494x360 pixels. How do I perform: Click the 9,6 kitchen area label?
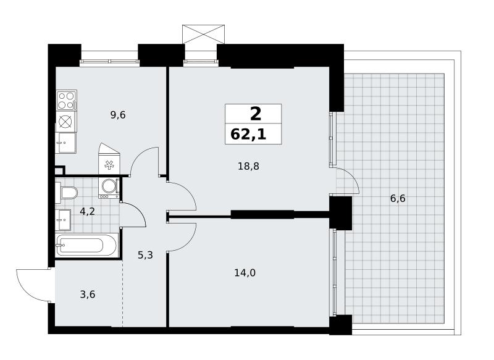[118, 115]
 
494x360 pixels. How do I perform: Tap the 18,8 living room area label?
[248, 166]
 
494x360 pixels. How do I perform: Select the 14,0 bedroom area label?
[245, 273]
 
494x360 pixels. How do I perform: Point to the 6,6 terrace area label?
[398, 199]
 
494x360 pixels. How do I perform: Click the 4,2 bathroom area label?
[87, 211]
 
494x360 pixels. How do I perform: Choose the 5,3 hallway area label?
[145, 255]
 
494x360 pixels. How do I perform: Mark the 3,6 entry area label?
[88, 295]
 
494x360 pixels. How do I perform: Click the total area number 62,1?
[248, 135]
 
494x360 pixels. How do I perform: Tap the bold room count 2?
[256, 114]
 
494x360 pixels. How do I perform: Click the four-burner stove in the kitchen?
[67, 100]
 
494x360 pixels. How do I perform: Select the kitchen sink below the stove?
[65, 143]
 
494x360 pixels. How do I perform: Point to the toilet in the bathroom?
[67, 193]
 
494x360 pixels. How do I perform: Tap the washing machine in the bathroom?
[109, 188]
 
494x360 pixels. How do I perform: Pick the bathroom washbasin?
[63, 220]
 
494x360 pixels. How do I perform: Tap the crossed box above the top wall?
[204, 34]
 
